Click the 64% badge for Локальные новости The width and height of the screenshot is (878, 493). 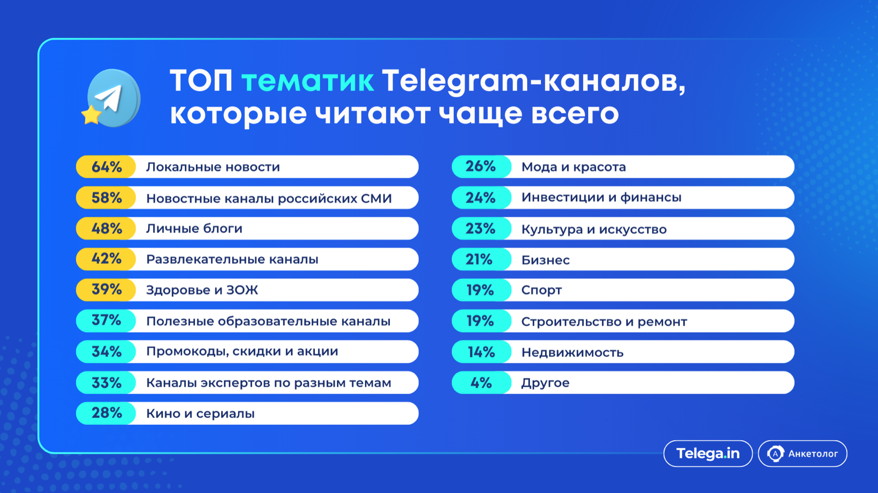[x=106, y=167]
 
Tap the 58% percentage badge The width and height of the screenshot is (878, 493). [x=106, y=198]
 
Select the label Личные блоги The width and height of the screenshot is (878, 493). [x=194, y=229]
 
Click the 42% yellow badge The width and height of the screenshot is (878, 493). [x=106, y=259]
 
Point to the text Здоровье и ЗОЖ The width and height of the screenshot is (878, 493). [x=202, y=290]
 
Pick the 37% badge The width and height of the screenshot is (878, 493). [x=106, y=321]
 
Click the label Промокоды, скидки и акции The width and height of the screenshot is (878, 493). [x=242, y=352]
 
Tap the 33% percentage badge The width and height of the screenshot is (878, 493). [x=106, y=383]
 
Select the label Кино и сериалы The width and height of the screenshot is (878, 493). [x=201, y=414]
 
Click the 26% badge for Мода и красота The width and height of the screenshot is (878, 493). [x=482, y=167]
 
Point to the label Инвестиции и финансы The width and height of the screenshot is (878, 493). [x=601, y=198]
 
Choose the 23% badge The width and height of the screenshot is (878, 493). [x=482, y=229]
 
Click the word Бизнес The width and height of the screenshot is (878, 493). [x=545, y=260]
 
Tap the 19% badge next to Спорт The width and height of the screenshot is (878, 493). [x=482, y=290]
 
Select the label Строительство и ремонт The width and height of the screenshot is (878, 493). [x=604, y=321]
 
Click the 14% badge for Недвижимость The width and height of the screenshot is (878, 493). [x=482, y=352]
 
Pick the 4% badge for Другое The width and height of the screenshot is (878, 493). [x=482, y=383]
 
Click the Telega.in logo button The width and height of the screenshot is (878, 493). [x=708, y=454]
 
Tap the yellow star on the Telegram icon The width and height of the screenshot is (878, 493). [x=91, y=115]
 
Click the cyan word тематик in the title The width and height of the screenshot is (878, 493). [x=307, y=81]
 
